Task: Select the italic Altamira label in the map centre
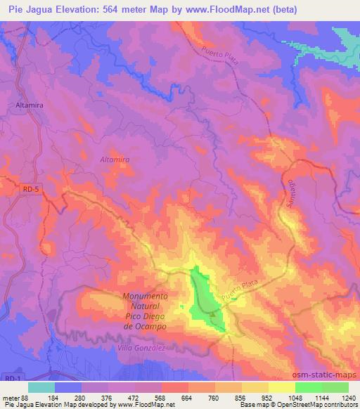[x=114, y=160]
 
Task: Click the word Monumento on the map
[x=145, y=297]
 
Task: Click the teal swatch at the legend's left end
[x=41, y=387]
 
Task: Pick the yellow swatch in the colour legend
[x=281, y=387]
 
